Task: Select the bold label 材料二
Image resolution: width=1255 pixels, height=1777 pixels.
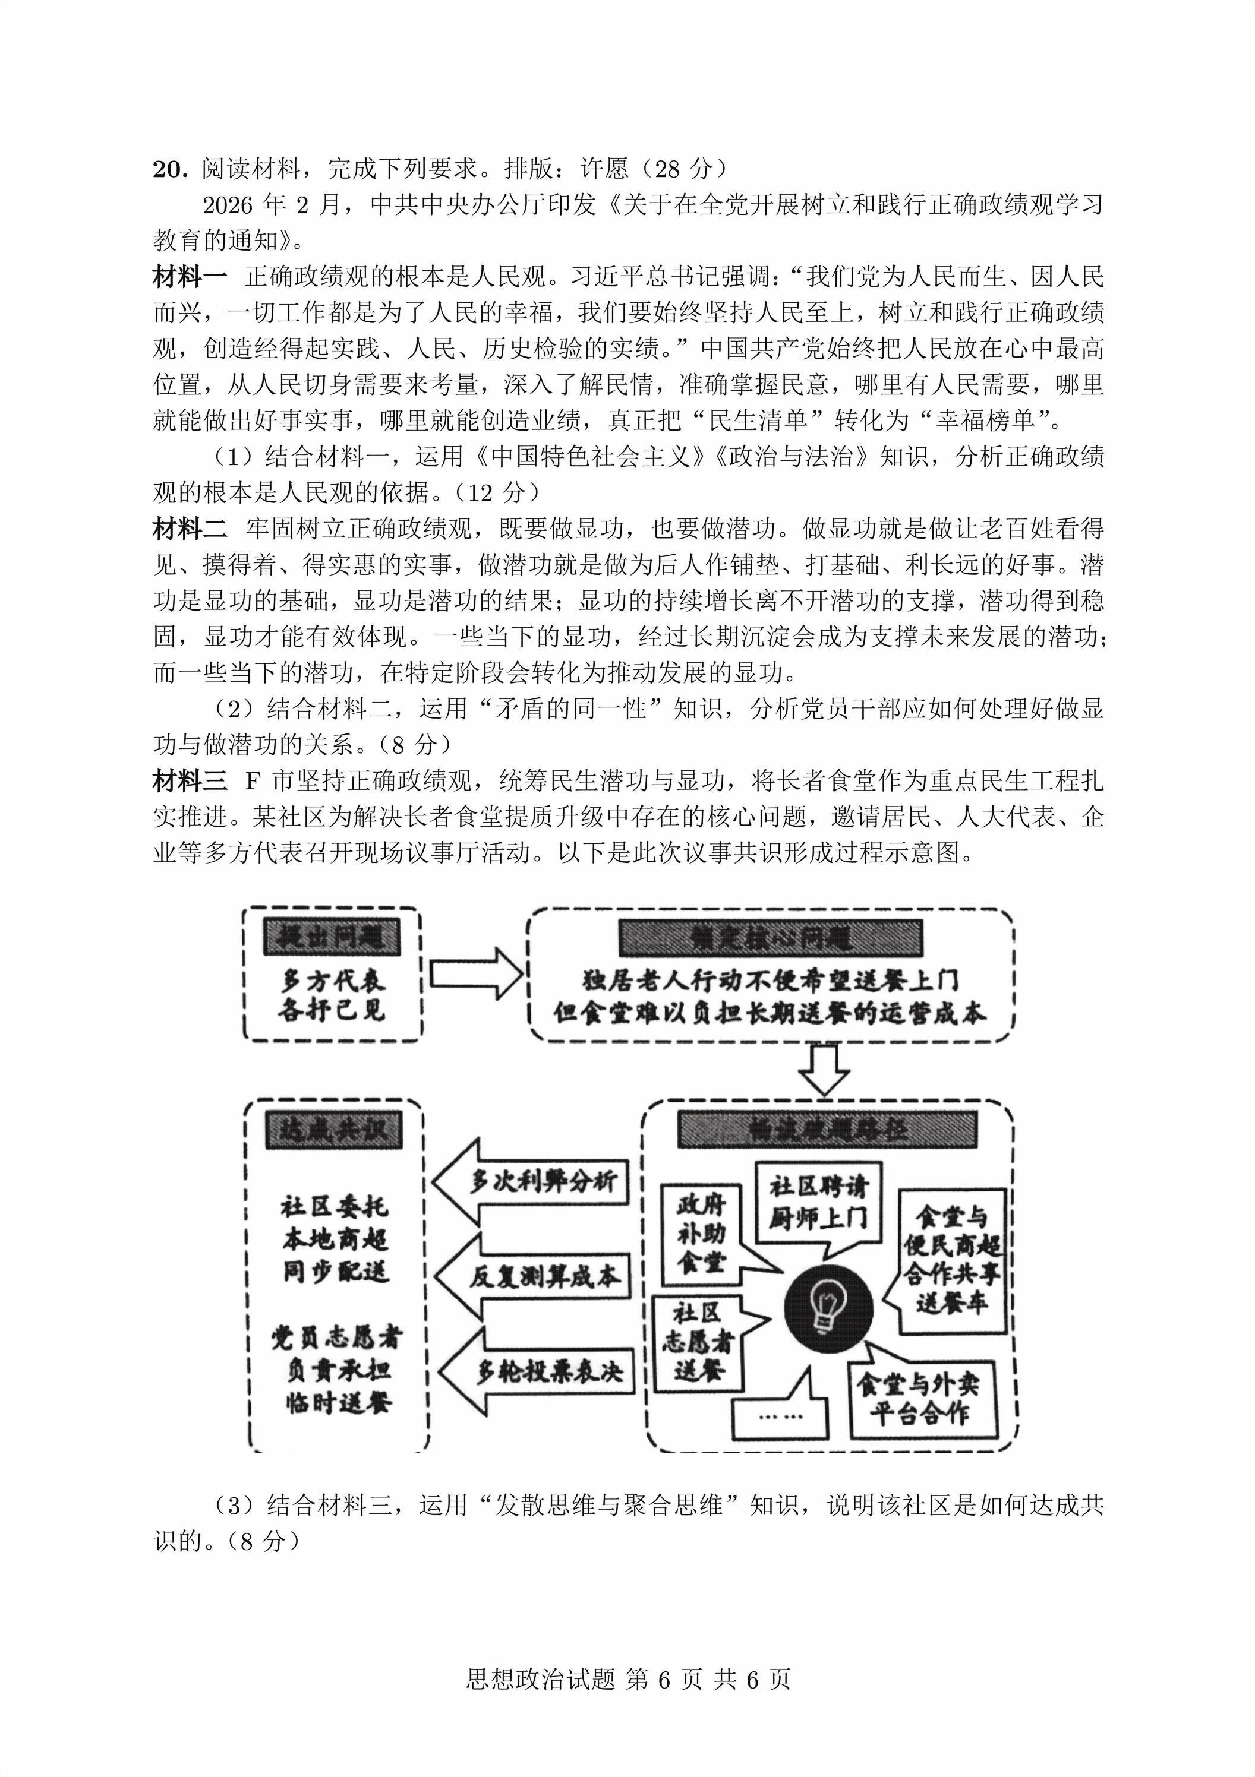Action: click(x=190, y=529)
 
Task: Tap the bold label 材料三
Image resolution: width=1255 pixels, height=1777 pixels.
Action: click(x=190, y=782)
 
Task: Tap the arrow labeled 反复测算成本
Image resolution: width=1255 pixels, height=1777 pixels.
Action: click(x=534, y=1276)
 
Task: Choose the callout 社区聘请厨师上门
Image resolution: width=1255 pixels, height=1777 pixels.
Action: click(x=818, y=1204)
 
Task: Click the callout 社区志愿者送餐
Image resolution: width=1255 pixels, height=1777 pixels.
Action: click(x=698, y=1343)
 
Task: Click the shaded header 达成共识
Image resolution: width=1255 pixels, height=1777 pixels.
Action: click(x=333, y=1131)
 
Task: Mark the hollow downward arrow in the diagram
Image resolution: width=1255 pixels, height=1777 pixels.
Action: click(x=823, y=1070)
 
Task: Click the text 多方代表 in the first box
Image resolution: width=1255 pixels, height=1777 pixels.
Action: click(x=333, y=981)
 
